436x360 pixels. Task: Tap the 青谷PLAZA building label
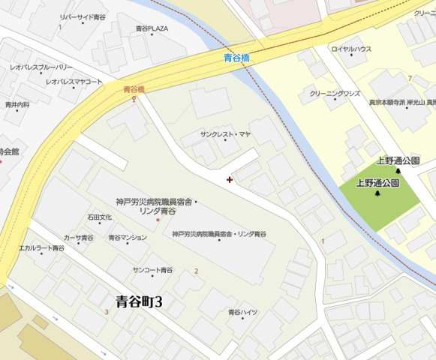click(152, 28)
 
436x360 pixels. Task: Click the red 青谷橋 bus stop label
click(134, 89)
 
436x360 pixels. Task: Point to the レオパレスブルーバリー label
click(41, 67)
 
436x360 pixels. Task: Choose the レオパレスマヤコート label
click(74, 81)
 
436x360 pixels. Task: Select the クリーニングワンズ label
click(335, 94)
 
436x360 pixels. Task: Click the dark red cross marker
click(229, 179)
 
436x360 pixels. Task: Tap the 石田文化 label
click(99, 217)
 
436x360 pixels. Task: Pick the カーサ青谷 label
click(79, 237)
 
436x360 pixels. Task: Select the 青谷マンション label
click(128, 237)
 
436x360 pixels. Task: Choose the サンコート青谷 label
click(152, 268)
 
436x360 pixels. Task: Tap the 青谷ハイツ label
click(243, 311)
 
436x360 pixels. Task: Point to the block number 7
click(410, 78)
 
